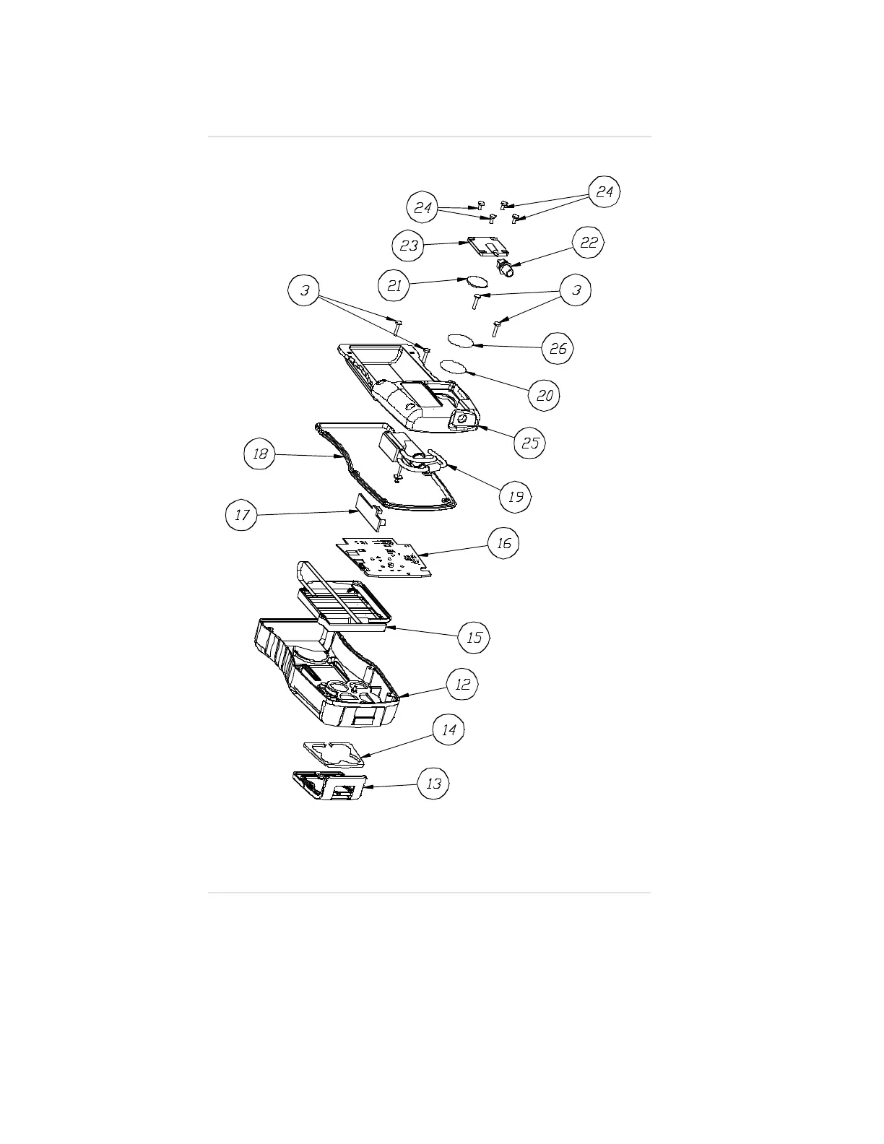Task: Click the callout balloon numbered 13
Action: tap(433, 783)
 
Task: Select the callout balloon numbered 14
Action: tap(448, 729)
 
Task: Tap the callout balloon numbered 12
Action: tap(462, 683)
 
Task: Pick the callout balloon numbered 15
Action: tap(474, 637)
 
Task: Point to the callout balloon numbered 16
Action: tap(503, 542)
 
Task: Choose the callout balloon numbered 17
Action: tap(242, 515)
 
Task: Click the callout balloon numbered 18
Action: tap(260, 454)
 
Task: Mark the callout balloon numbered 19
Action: tap(516, 496)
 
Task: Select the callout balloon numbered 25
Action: tap(530, 442)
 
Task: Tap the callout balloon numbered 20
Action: tap(545, 395)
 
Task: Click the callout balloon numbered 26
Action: tap(558, 349)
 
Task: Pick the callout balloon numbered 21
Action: tap(394, 286)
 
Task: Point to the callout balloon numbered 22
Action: tap(589, 243)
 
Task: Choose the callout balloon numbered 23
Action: tap(408, 246)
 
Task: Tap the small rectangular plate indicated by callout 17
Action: tap(368, 513)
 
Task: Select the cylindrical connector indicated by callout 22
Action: tap(506, 269)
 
